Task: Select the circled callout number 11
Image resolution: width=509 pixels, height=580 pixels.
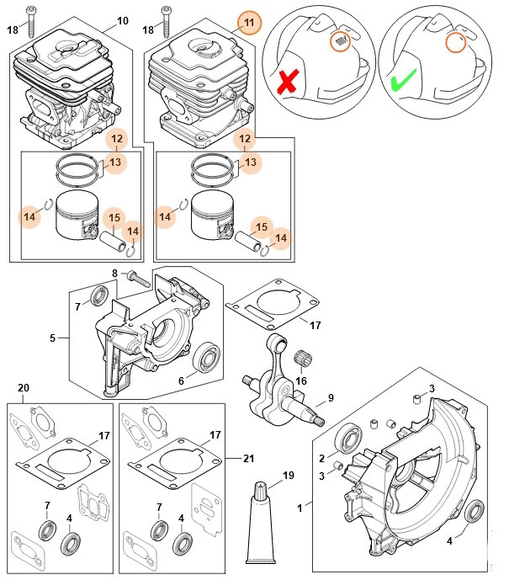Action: [x=248, y=21]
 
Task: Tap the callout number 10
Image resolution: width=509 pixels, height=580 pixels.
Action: [x=122, y=20]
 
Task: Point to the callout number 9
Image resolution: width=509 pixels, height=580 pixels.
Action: [x=331, y=398]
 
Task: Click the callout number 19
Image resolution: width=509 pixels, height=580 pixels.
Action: [x=289, y=476]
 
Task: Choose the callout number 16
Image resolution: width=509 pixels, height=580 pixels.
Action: [x=300, y=381]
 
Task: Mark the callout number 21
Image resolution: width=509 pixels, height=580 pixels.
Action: [x=247, y=458]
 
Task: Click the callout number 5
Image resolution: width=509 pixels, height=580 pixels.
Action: [x=52, y=338]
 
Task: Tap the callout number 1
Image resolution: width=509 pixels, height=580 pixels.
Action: [x=300, y=508]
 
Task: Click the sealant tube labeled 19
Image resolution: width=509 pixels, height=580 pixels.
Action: [x=260, y=523]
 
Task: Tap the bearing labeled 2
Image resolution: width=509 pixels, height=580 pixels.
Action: [x=347, y=439]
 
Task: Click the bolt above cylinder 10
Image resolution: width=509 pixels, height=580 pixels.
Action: [x=31, y=18]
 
